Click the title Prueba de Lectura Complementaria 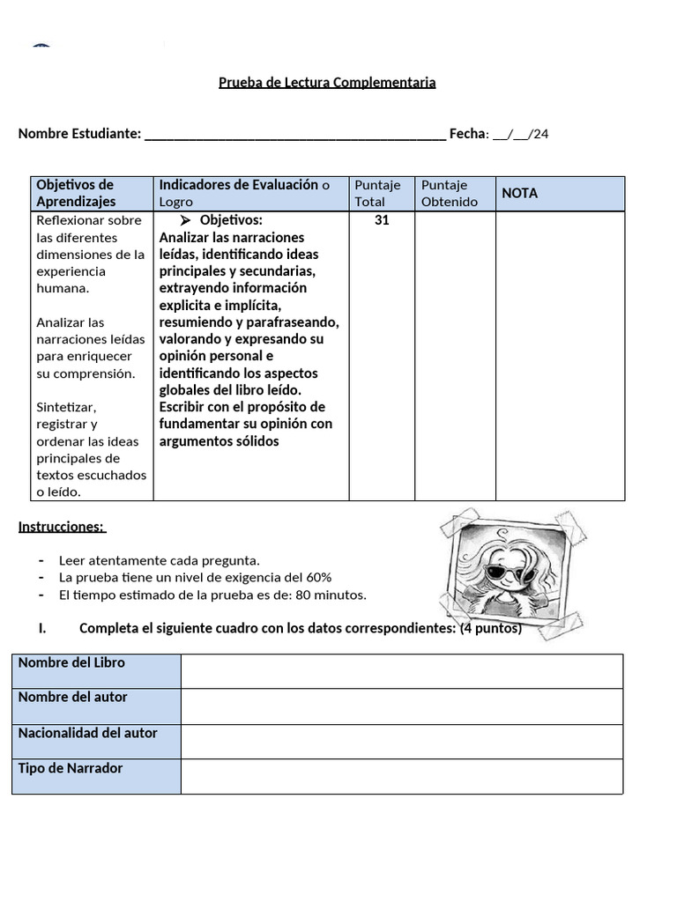coord(327,82)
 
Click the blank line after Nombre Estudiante coord(294,135)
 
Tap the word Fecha coord(467,134)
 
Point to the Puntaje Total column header coord(377,193)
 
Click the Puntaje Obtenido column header coord(450,193)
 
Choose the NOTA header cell coord(520,193)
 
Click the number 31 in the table coord(382,220)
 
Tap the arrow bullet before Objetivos coord(186,220)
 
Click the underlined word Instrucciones coord(61,527)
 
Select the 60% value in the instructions coord(318,577)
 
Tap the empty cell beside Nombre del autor coord(401,706)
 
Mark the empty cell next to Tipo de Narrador coord(401,776)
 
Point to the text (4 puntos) coord(491,628)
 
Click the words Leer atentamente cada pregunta coord(160,560)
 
